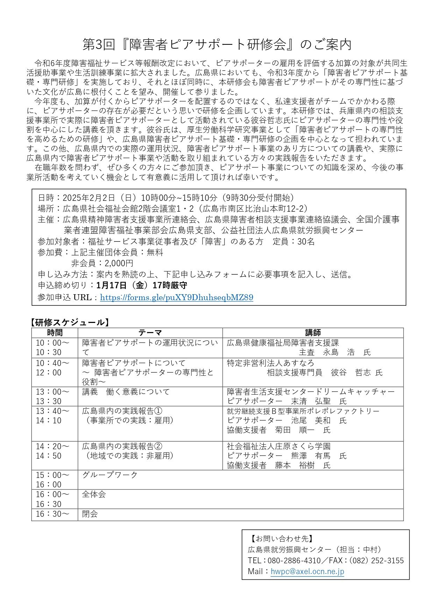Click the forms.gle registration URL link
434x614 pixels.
(176, 297)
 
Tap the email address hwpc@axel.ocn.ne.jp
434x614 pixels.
(307, 571)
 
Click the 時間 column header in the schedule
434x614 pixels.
(55, 332)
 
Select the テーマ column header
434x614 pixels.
(150, 332)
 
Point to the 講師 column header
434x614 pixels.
(313, 332)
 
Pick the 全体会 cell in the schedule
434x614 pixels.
(94, 494)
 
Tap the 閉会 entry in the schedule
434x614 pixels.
(90, 514)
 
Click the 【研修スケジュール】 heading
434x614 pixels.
(70, 322)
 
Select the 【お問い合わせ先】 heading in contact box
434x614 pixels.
(282, 539)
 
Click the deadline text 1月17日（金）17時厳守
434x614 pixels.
(142, 285)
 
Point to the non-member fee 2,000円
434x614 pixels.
(119, 263)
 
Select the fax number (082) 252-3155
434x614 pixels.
(376, 560)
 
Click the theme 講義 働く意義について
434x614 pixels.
(126, 392)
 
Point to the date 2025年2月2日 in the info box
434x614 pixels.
(84, 198)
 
